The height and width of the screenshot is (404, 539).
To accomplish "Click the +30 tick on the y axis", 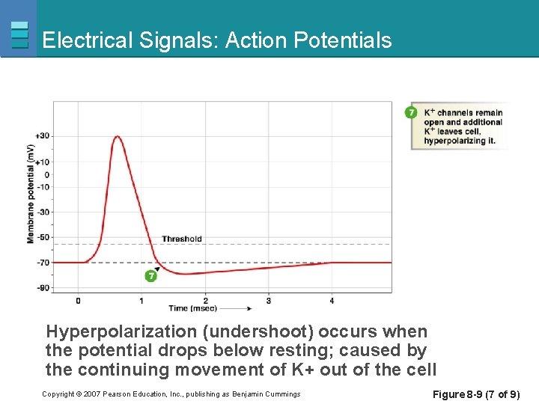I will coord(43,136).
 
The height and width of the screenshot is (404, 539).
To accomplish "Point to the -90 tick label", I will coord(43,288).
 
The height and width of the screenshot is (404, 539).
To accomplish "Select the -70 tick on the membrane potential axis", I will coord(43,263).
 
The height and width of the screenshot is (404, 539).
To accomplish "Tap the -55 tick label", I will coord(43,237).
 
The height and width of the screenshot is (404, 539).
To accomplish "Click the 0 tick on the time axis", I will coord(78,301).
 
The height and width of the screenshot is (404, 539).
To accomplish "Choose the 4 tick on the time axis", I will coord(332,301).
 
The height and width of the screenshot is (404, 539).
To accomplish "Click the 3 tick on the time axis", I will coord(269,301).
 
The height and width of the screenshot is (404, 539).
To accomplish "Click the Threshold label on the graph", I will coord(182,239).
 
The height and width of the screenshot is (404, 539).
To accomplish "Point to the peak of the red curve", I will coord(118,137).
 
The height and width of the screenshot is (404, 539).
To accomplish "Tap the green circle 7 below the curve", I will coord(151,276).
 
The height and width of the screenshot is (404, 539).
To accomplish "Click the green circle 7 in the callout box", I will coord(411,112).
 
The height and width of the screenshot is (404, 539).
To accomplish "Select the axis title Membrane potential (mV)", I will coord(31,194).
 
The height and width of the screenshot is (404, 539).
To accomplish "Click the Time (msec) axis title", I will coord(189,308).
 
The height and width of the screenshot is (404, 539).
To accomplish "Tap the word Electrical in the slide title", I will coord(87,40).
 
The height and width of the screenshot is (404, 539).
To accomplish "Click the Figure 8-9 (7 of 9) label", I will coord(476,394).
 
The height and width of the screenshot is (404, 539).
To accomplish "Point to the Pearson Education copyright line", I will coord(171,394).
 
